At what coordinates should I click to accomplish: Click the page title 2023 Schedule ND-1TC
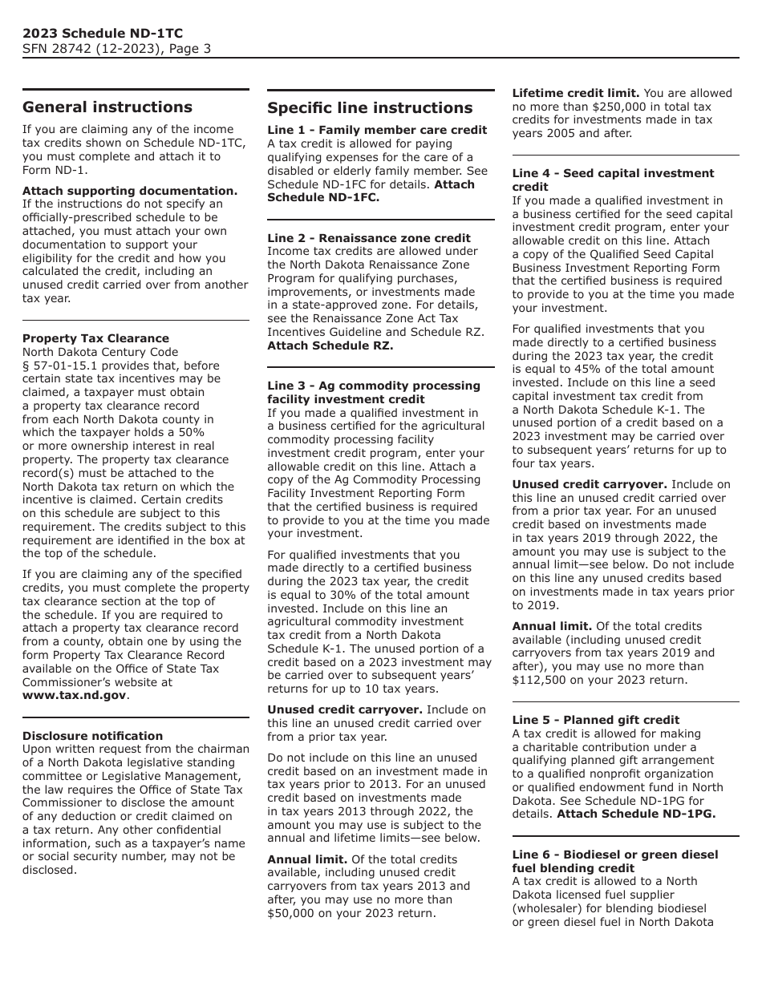tap(103, 33)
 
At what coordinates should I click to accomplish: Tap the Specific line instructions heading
tap(370, 107)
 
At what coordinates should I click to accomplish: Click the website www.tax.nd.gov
tap(74, 695)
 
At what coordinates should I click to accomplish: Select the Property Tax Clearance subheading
tap(95, 338)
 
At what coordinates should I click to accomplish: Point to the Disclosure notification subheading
tap(92, 736)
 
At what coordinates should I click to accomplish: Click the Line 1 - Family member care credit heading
tap(377, 130)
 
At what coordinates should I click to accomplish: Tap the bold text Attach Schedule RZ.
tap(330, 346)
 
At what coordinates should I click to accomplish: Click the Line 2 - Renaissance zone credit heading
tap(369, 238)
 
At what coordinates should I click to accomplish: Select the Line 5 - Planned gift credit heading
tap(596, 720)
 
